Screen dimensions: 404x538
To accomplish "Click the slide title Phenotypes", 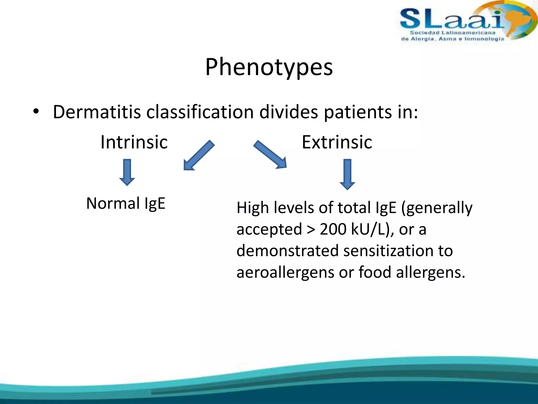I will coord(269,67).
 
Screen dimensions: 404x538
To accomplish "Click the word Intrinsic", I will coord(134,142).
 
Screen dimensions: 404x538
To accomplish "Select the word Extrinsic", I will coord(337,142).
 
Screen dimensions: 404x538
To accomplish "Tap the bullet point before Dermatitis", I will coord(36,112).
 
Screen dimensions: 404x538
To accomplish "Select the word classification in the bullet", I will coord(200,112).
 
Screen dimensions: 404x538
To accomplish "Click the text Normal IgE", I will coord(126,204).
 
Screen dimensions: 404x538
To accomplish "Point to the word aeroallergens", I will coord(285,272).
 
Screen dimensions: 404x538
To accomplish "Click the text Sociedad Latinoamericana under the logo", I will coord(452,33).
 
